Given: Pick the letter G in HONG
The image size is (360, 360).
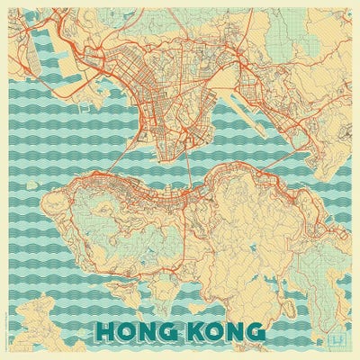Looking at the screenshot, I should [174, 330].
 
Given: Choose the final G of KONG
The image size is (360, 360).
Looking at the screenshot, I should [256, 330].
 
